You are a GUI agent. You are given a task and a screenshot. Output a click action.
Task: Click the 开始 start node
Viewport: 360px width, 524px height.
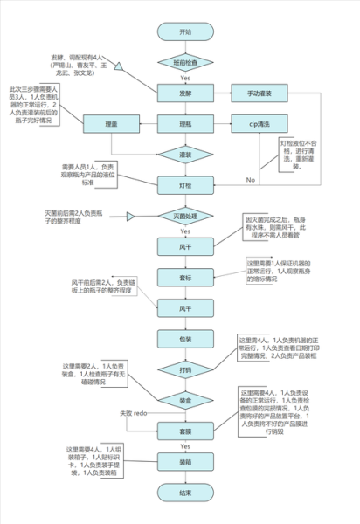tap(184, 31)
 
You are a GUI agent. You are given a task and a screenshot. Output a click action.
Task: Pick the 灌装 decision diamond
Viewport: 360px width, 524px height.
tap(184, 155)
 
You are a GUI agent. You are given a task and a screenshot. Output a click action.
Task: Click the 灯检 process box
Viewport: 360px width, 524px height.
tap(184, 184)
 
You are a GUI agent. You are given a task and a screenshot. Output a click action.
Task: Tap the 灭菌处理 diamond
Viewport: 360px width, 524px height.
tap(184, 216)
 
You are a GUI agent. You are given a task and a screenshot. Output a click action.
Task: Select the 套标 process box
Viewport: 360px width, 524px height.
tap(184, 277)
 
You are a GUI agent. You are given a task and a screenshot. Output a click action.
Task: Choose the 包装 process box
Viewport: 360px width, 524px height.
tap(184, 338)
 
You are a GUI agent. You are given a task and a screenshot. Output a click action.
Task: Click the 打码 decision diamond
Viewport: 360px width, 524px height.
tap(184, 369)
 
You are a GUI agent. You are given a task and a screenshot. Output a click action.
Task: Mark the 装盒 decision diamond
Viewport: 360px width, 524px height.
tap(184, 400)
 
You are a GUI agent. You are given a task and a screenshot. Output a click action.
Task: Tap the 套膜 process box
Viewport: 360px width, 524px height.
tap(184, 431)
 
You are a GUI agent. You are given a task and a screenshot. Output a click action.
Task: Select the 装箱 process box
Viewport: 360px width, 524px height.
tap(184, 461)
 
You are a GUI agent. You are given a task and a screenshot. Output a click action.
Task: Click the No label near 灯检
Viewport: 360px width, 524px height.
tap(250, 179)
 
